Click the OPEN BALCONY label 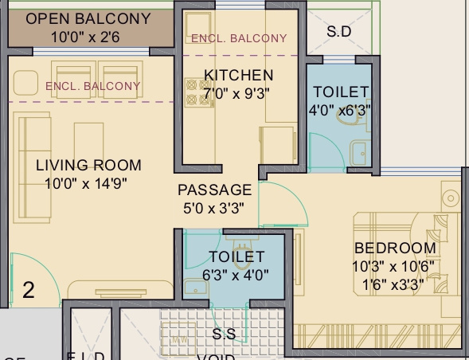(88, 18)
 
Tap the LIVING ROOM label (88, 166)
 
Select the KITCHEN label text (238, 76)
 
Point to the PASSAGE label (214, 190)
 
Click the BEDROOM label (395, 248)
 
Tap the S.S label (224, 334)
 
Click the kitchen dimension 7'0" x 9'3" (238, 93)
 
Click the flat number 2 (29, 290)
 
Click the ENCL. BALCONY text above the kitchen (239, 38)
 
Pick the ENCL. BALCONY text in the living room (92, 86)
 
